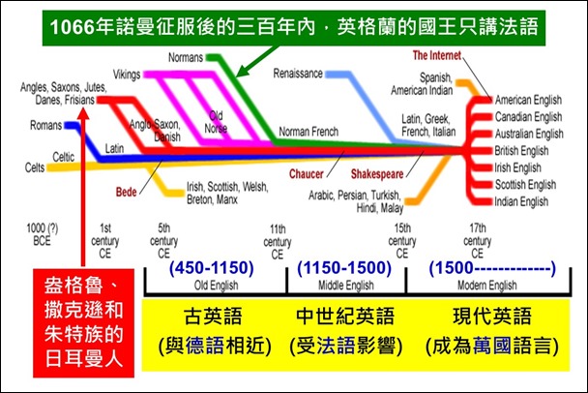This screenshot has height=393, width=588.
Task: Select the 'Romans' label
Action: pyautogui.click(x=46, y=126)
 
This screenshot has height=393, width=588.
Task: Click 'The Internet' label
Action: pyautogui.click(x=438, y=55)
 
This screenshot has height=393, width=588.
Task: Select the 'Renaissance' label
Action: pyautogui.click(x=299, y=74)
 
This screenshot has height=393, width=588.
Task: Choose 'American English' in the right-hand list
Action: pyautogui.click(x=529, y=101)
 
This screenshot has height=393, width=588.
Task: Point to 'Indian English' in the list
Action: pyautogui.click(x=523, y=201)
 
